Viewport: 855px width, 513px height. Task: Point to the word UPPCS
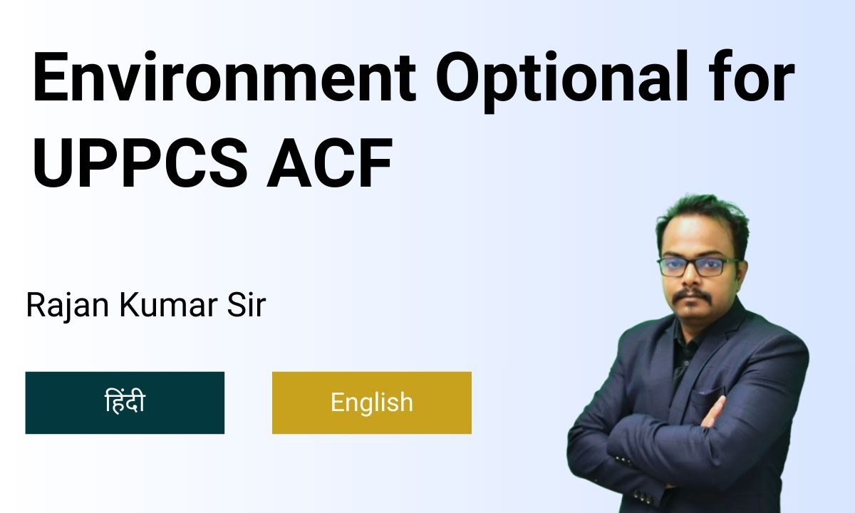pyautogui.click(x=140, y=163)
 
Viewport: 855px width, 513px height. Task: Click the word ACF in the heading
pyautogui.click(x=329, y=163)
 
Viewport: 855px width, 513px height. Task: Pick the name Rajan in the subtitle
pyautogui.click(x=68, y=306)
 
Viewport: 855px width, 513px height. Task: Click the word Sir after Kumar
pyautogui.click(x=247, y=305)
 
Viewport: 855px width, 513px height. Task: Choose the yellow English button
pyautogui.click(x=372, y=403)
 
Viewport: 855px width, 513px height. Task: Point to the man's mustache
pyautogui.click(x=692, y=296)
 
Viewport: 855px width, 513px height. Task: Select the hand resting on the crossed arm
pyautogui.click(x=713, y=413)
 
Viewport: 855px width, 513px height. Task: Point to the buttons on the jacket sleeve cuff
pyautogui.click(x=626, y=461)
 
